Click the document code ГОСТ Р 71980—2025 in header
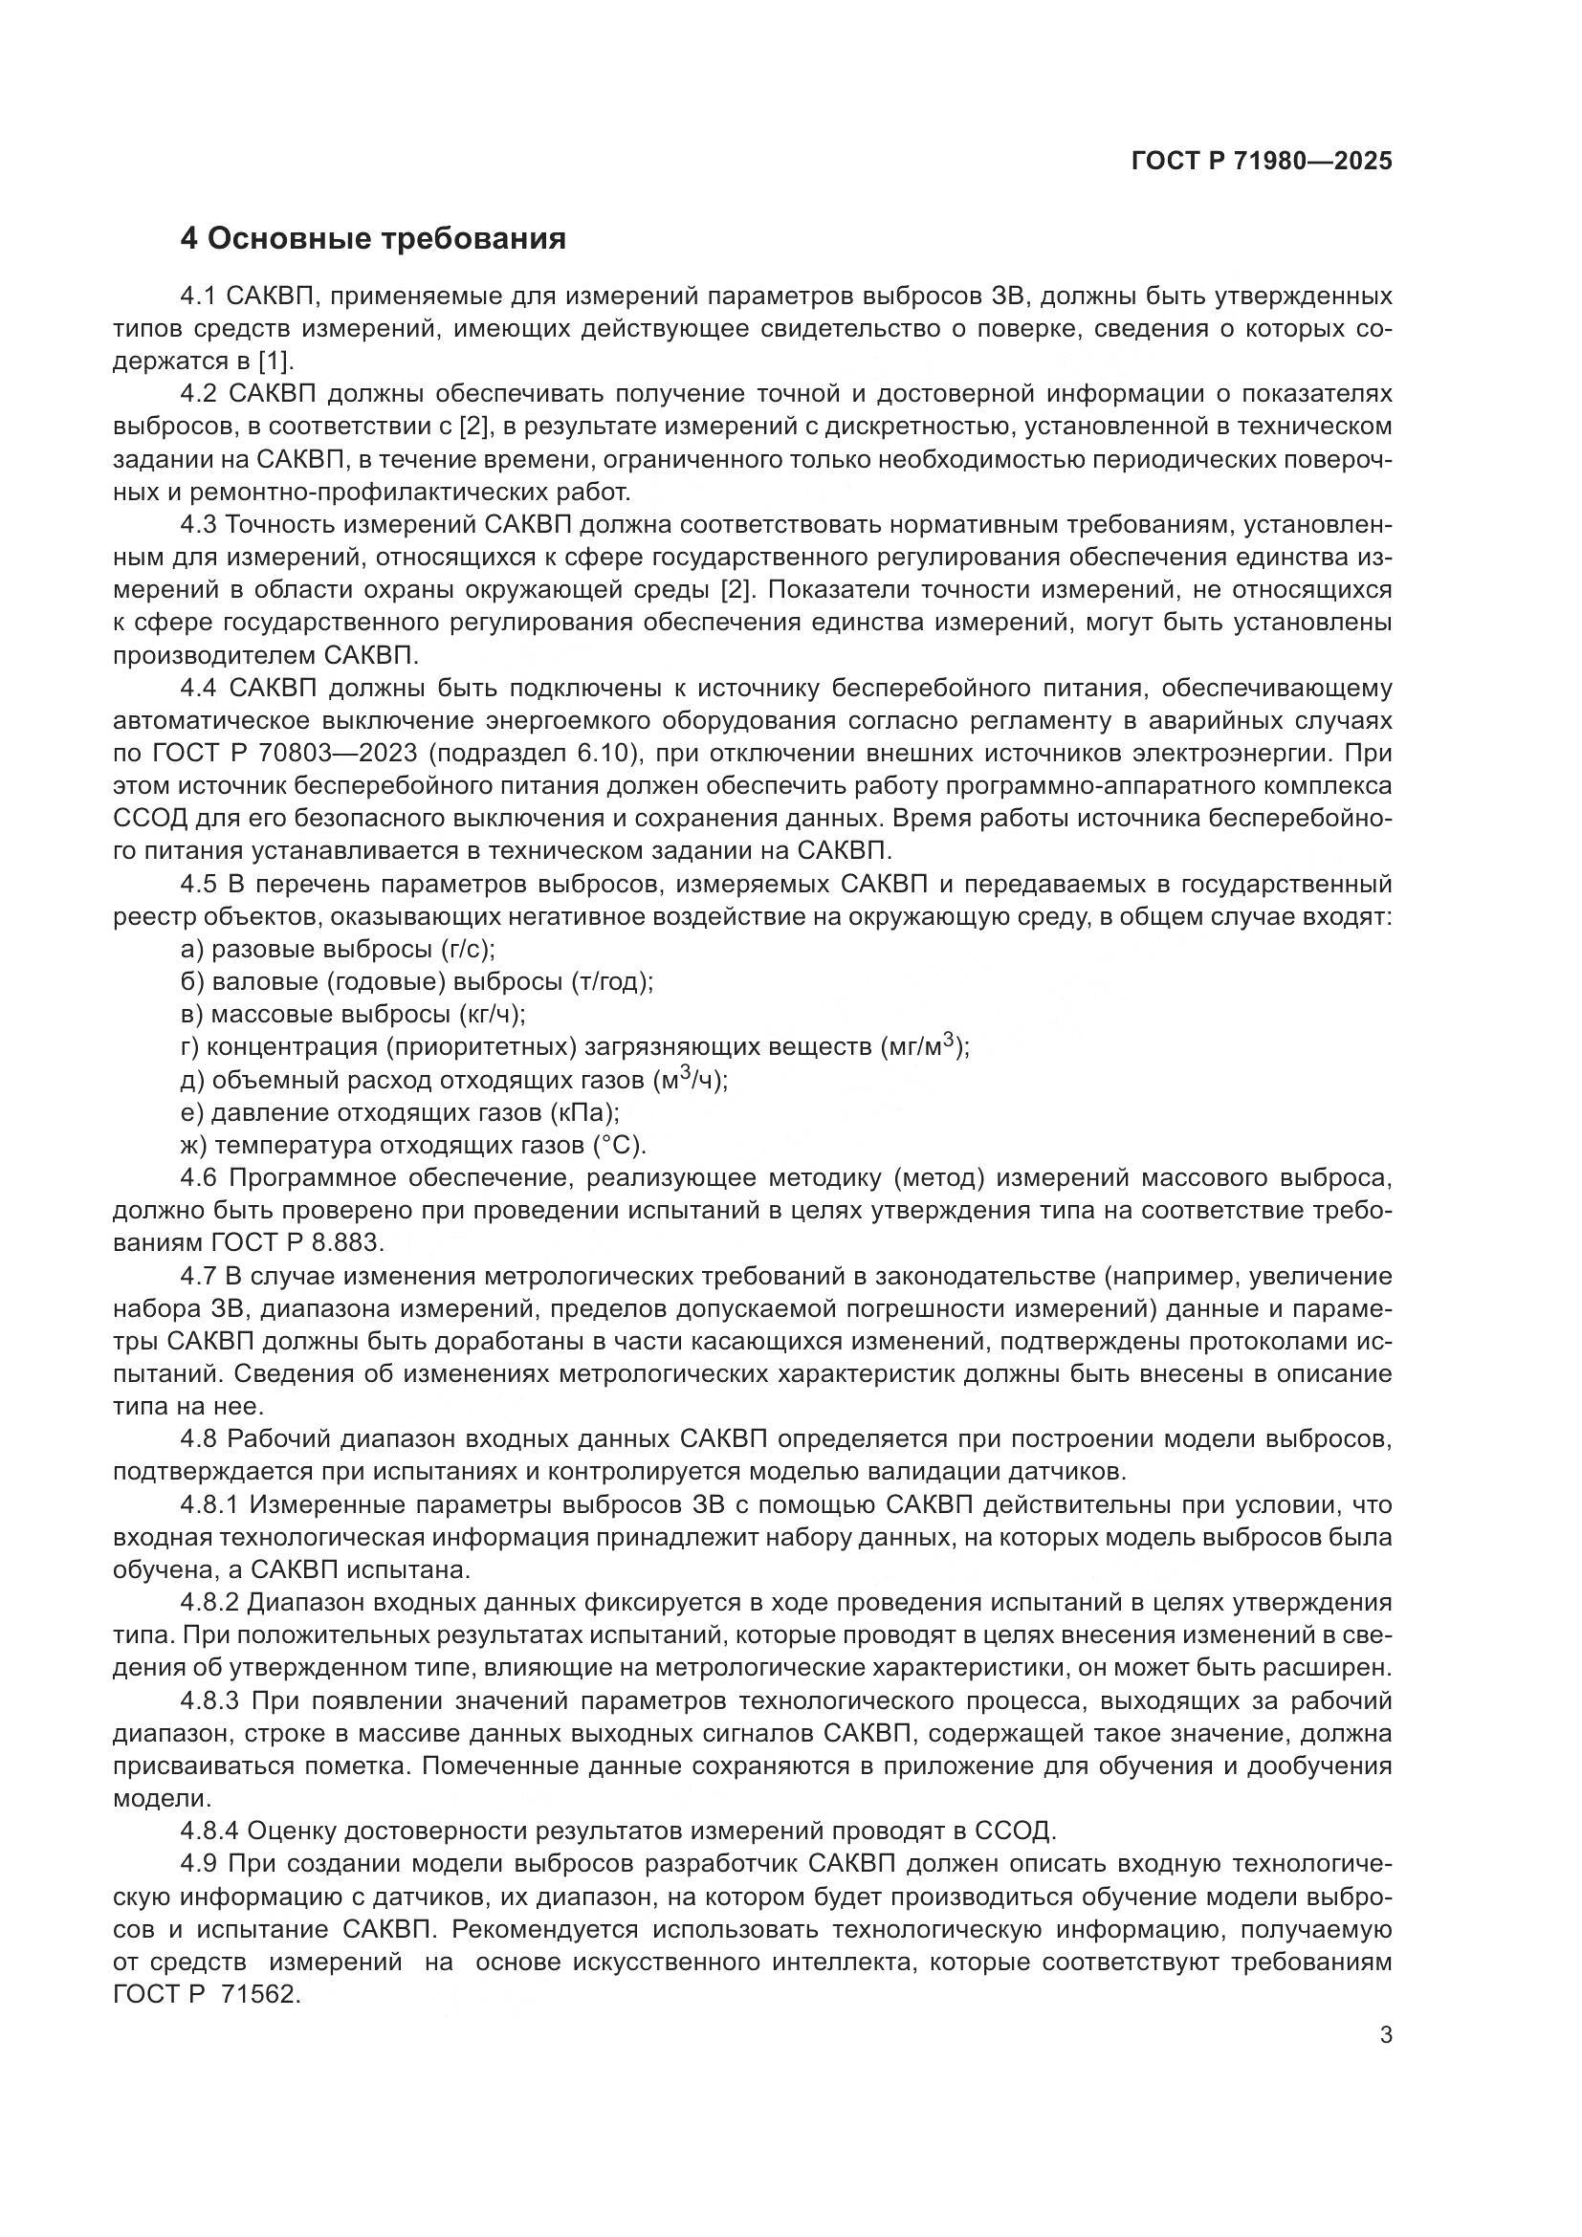pos(1262,162)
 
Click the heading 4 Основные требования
pos(373,239)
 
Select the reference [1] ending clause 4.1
pos(275,362)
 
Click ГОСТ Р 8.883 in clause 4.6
pos(297,1243)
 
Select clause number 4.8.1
pos(209,1505)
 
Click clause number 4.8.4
pos(209,1831)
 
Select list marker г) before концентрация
pos(190,1048)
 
